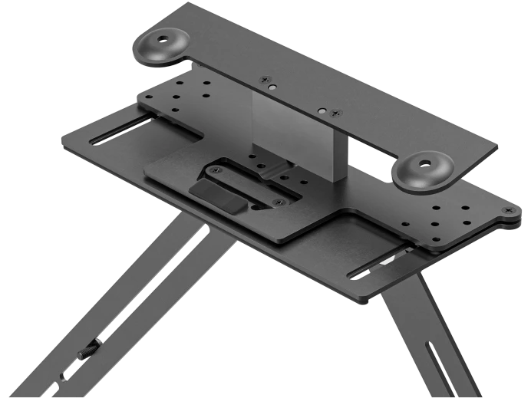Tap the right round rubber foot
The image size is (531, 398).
(421, 169)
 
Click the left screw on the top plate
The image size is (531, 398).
(265, 79)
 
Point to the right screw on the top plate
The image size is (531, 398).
(335, 113)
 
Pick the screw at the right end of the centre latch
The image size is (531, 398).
(278, 202)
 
